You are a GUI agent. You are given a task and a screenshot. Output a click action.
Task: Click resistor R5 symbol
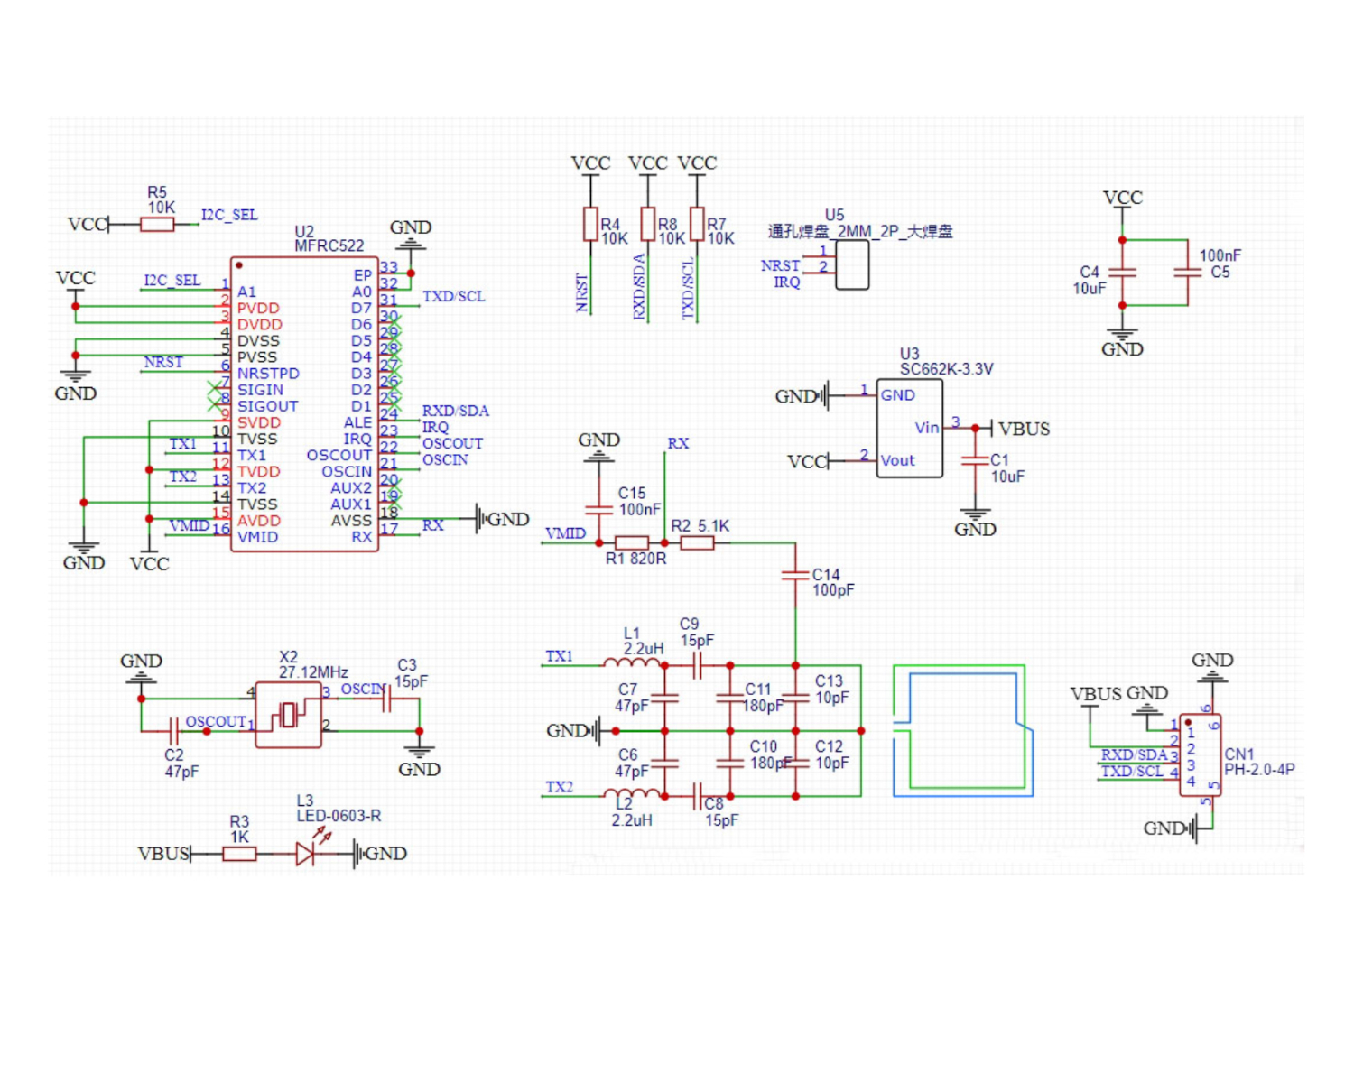157,224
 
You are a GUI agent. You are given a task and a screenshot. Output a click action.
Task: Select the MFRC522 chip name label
329,245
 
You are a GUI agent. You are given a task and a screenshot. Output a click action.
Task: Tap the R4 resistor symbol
590,224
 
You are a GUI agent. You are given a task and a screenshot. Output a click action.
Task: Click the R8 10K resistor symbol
647,224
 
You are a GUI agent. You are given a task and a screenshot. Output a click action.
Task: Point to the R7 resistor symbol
697,224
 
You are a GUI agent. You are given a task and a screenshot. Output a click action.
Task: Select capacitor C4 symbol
1122,273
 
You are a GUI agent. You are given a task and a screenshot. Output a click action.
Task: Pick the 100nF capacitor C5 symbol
1187,273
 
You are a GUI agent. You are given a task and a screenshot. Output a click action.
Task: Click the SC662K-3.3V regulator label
946,369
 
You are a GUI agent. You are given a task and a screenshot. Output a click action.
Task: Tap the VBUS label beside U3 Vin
1024,429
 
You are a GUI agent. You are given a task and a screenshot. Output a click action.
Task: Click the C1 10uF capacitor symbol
975,460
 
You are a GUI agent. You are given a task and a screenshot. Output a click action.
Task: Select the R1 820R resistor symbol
632,542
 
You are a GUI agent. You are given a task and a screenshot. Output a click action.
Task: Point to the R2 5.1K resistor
697,542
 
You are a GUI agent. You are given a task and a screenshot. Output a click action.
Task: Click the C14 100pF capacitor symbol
795,575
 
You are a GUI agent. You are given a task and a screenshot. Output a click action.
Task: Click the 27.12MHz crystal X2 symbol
289,715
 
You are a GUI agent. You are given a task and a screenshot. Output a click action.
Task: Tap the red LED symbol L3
306,853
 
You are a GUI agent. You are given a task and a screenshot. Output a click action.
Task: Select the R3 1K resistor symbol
239,853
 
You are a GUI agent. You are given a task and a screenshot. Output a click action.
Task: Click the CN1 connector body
1200,755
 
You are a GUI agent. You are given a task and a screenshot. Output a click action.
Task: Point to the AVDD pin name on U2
259,521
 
